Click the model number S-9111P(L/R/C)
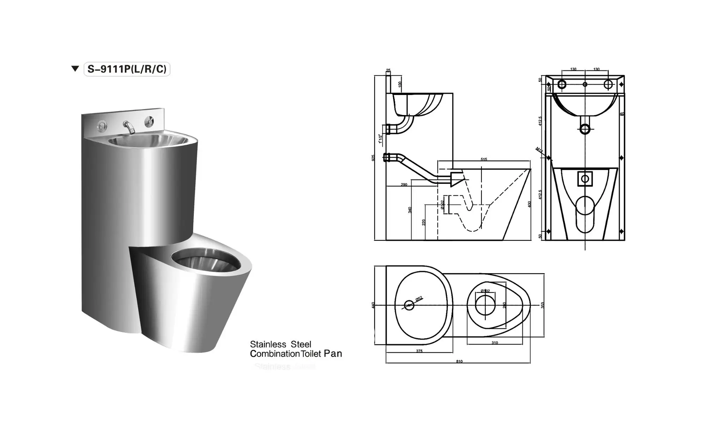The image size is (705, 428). tap(127, 69)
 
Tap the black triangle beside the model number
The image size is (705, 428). tap(75, 68)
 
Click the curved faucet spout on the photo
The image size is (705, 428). tap(129, 127)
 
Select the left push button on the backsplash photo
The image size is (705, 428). tap(102, 126)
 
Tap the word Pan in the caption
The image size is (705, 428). tap(333, 354)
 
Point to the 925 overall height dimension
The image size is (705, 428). tap(373, 158)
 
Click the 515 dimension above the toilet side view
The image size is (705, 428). tap(484, 159)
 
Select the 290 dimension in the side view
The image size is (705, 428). tap(404, 185)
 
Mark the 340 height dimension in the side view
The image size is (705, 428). tap(410, 210)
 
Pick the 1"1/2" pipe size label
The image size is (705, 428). tap(380, 138)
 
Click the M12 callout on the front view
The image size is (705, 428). tap(539, 150)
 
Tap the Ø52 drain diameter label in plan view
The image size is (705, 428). tap(419, 299)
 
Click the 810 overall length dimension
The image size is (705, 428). tap(459, 361)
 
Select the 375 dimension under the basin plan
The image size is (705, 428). tap(419, 351)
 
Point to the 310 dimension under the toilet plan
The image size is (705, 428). tap(495, 343)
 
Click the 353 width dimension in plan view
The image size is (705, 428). tap(542, 305)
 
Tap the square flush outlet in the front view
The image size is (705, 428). tap(585, 179)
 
